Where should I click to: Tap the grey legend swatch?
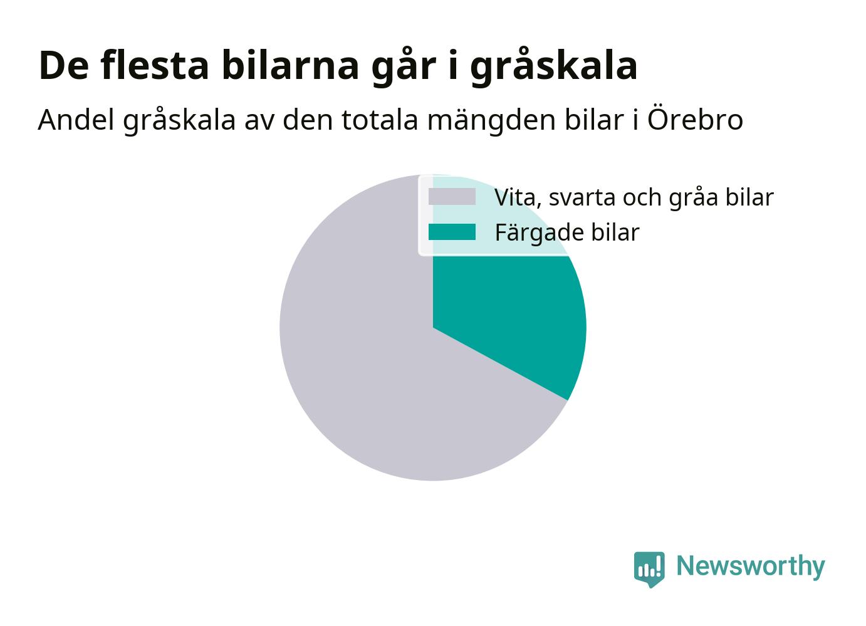point(452,196)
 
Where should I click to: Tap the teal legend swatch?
point(452,232)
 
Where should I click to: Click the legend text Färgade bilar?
point(567,232)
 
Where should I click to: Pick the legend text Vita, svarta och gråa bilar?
point(634,198)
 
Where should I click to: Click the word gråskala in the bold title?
point(553,66)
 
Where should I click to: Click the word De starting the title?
point(63,66)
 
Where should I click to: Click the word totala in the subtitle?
point(380,120)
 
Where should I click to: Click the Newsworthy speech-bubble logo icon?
point(649,570)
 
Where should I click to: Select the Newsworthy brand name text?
point(751,567)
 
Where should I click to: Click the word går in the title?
point(404,66)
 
